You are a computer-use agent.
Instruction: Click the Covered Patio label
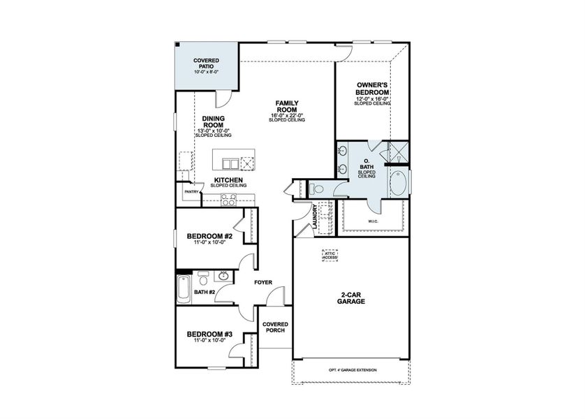point(206,64)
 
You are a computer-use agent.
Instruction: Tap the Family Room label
point(287,106)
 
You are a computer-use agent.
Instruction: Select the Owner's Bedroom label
point(372,89)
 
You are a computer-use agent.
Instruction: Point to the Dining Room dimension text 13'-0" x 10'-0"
point(213,131)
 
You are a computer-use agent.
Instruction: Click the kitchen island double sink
point(230,163)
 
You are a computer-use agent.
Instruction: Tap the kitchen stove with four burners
point(228,200)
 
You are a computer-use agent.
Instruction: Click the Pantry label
point(192,192)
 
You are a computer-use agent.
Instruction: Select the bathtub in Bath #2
point(184,290)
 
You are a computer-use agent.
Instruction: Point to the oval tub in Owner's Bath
point(399,183)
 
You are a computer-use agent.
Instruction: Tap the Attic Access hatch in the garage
point(329,256)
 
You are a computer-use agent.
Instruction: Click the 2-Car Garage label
point(350,297)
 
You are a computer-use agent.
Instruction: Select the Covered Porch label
point(275,328)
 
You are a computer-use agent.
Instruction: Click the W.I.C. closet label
point(373,221)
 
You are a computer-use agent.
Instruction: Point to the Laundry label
point(316,216)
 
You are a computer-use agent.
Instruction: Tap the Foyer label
point(263,282)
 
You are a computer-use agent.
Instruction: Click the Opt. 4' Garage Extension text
point(353,370)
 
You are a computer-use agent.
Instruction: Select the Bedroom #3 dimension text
point(209,340)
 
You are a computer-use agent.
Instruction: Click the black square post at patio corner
point(178,45)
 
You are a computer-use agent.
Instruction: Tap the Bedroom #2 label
point(209,236)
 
